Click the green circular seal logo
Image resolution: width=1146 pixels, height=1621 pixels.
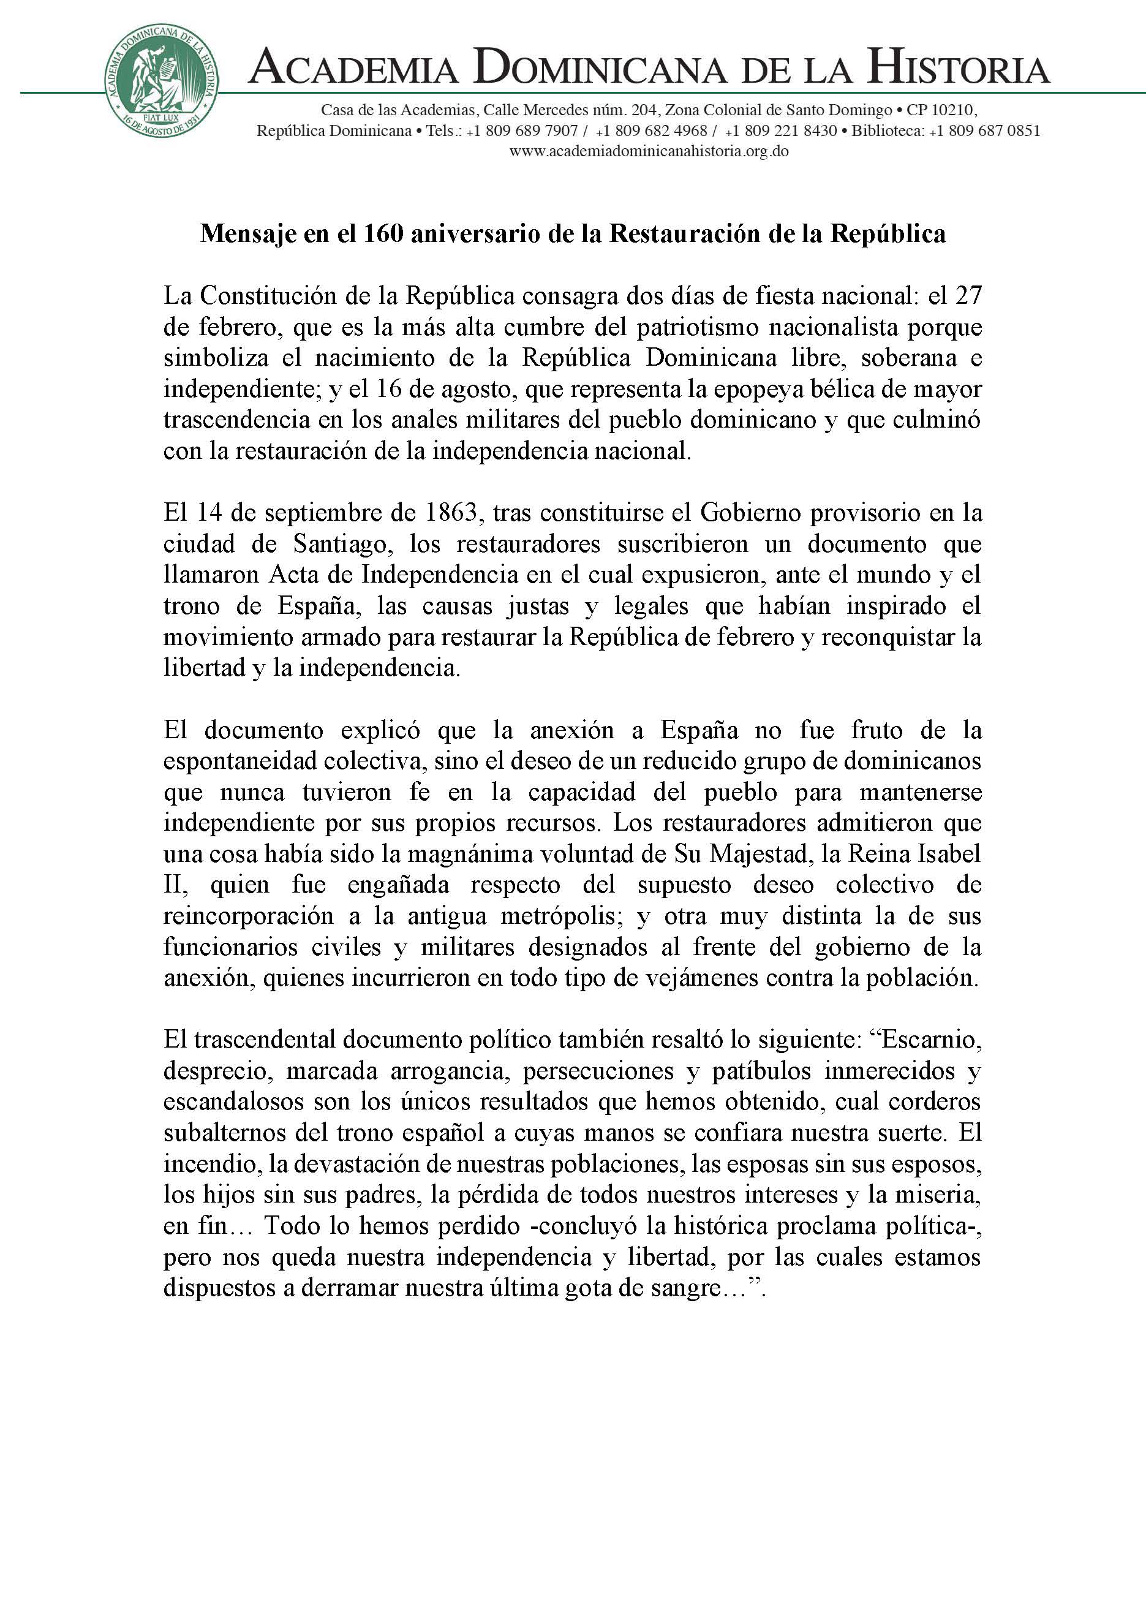point(162,82)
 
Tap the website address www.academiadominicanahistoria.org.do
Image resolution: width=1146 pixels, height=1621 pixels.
point(649,151)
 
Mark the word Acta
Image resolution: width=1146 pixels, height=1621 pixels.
point(292,575)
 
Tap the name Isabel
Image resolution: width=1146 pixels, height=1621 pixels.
point(949,854)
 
